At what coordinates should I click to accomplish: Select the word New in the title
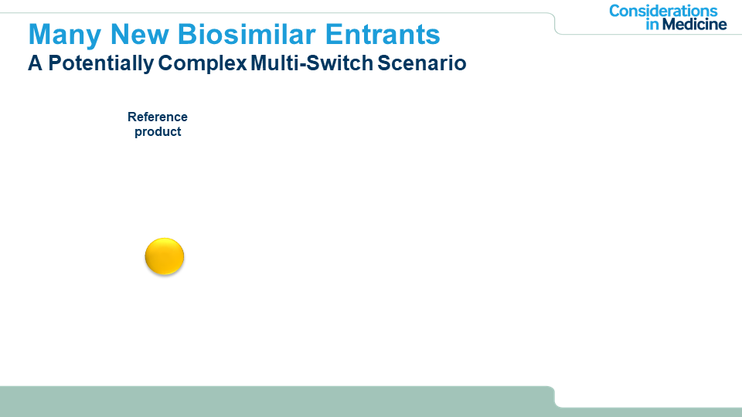[139, 34]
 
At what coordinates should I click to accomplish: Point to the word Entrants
[383, 34]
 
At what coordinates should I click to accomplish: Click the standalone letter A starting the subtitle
[35, 63]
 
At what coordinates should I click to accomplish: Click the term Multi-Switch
[311, 63]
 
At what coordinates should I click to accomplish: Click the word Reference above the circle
[158, 117]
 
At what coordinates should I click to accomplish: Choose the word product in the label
[158, 132]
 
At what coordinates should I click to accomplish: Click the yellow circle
[164, 256]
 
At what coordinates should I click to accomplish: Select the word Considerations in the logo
[663, 11]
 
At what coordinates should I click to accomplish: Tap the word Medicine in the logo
[694, 24]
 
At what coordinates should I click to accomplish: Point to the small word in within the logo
[652, 24]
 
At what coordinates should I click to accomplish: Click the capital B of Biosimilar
[186, 35]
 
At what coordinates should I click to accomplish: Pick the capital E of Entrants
[333, 35]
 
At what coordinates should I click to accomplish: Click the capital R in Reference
[132, 117]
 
